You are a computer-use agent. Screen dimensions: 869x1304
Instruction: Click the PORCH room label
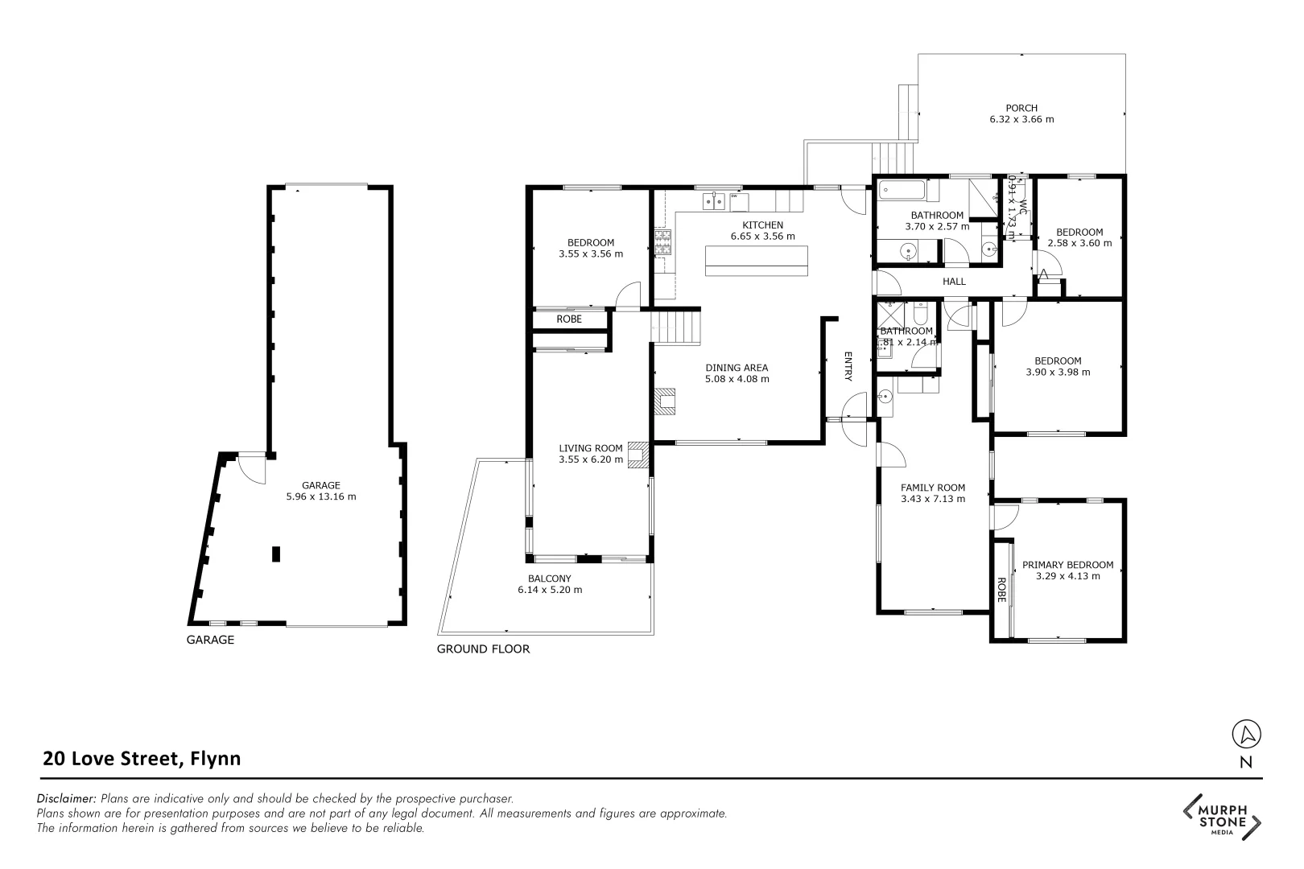[x=1021, y=108]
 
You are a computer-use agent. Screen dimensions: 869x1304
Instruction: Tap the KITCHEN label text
[x=762, y=224]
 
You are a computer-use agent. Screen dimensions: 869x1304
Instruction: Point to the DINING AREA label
[x=737, y=368]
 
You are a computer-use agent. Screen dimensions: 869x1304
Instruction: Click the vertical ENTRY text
[x=848, y=366]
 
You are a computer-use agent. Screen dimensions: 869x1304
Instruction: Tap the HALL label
[x=954, y=282]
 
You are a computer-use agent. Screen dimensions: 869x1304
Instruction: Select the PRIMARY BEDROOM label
[x=1067, y=565]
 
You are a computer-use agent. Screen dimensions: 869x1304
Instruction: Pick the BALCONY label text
[x=549, y=579]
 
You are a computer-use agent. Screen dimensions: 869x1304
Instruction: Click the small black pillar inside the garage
[x=276, y=554]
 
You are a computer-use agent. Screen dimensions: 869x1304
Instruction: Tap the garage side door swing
[x=253, y=469]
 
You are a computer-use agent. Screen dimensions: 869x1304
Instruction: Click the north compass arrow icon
[x=1246, y=734]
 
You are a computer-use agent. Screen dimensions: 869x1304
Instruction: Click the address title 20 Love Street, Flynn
[x=142, y=758]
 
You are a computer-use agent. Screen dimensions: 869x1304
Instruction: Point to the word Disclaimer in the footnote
[x=67, y=799]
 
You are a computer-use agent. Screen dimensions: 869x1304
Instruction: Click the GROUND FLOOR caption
[x=483, y=649]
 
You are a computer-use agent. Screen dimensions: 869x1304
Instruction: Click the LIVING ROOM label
[x=591, y=448]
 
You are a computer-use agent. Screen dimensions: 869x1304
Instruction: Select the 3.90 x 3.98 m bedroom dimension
[x=1058, y=373]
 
